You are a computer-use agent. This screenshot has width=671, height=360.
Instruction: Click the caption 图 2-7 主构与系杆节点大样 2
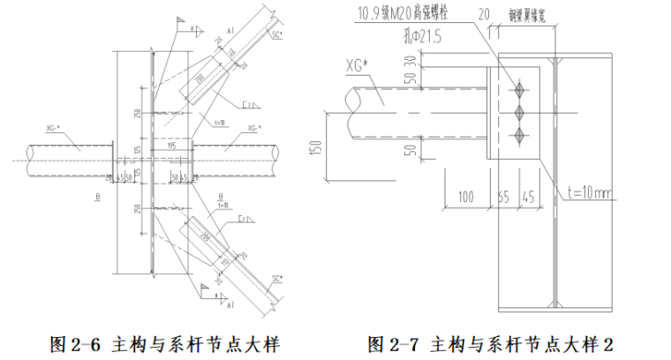pyautogui.click(x=489, y=342)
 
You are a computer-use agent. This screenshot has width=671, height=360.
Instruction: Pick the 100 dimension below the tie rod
pyautogui.click(x=466, y=196)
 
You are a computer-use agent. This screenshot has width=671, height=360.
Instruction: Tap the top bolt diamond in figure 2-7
pyautogui.click(x=519, y=88)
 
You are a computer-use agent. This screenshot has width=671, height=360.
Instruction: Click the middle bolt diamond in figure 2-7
pyautogui.click(x=519, y=111)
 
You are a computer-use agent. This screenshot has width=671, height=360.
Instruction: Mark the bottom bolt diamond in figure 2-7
pyautogui.click(x=519, y=134)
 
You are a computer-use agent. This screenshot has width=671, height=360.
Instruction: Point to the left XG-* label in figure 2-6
pyautogui.click(x=52, y=129)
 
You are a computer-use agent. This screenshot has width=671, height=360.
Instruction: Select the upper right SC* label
pyautogui.click(x=277, y=35)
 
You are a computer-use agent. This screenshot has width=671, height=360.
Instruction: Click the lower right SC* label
pyautogui.click(x=276, y=279)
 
